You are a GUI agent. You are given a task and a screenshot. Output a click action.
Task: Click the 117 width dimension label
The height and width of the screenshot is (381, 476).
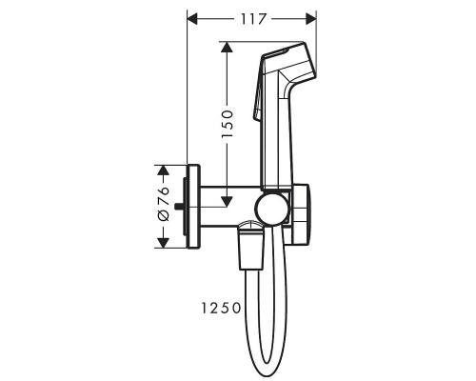[x=251, y=18]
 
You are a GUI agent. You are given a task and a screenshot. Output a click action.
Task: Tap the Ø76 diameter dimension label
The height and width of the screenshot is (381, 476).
[x=164, y=204]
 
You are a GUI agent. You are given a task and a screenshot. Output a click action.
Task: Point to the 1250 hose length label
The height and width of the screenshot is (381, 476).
[x=219, y=308]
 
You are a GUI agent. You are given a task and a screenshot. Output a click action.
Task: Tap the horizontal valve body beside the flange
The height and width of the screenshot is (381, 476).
[x=228, y=205]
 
